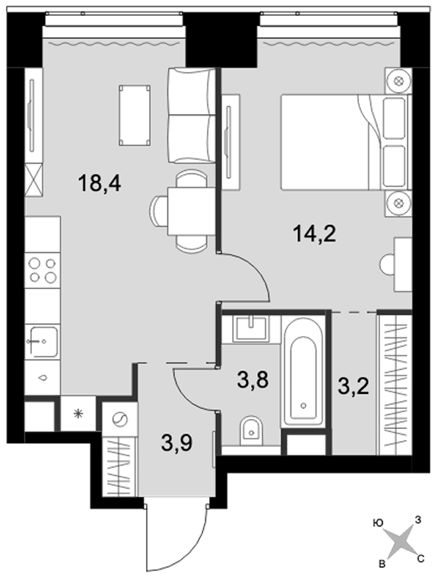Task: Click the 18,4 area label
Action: pyautogui.click(x=100, y=183)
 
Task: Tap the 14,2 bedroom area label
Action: pyautogui.click(x=315, y=234)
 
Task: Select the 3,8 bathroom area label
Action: pyautogui.click(x=252, y=380)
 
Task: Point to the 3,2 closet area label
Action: pyautogui.click(x=354, y=386)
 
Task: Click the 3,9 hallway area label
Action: pyautogui.click(x=176, y=442)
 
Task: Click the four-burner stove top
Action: pyautogui.click(x=43, y=270)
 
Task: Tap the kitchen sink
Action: pyautogui.click(x=43, y=342)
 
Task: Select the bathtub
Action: pyautogui.click(x=303, y=373)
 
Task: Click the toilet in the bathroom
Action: pyautogui.click(x=252, y=431)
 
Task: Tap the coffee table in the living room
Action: pyautogui.click(x=135, y=115)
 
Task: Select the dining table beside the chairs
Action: pyautogui.click(x=191, y=211)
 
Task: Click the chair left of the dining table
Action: pyautogui.click(x=159, y=211)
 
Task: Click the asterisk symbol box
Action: pyautogui.click(x=78, y=414)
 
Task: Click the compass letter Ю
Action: pyautogui.click(x=377, y=523)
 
